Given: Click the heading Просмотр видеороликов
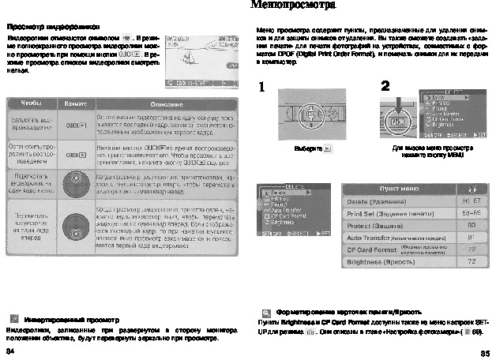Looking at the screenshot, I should (x=43, y=26).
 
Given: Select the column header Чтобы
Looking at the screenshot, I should (x=31, y=103).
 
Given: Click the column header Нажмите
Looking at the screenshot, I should (x=76, y=103).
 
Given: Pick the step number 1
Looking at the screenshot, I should (x=261, y=88).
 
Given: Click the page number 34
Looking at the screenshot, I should (x=10, y=349).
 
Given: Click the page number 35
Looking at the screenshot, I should (x=484, y=352).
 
